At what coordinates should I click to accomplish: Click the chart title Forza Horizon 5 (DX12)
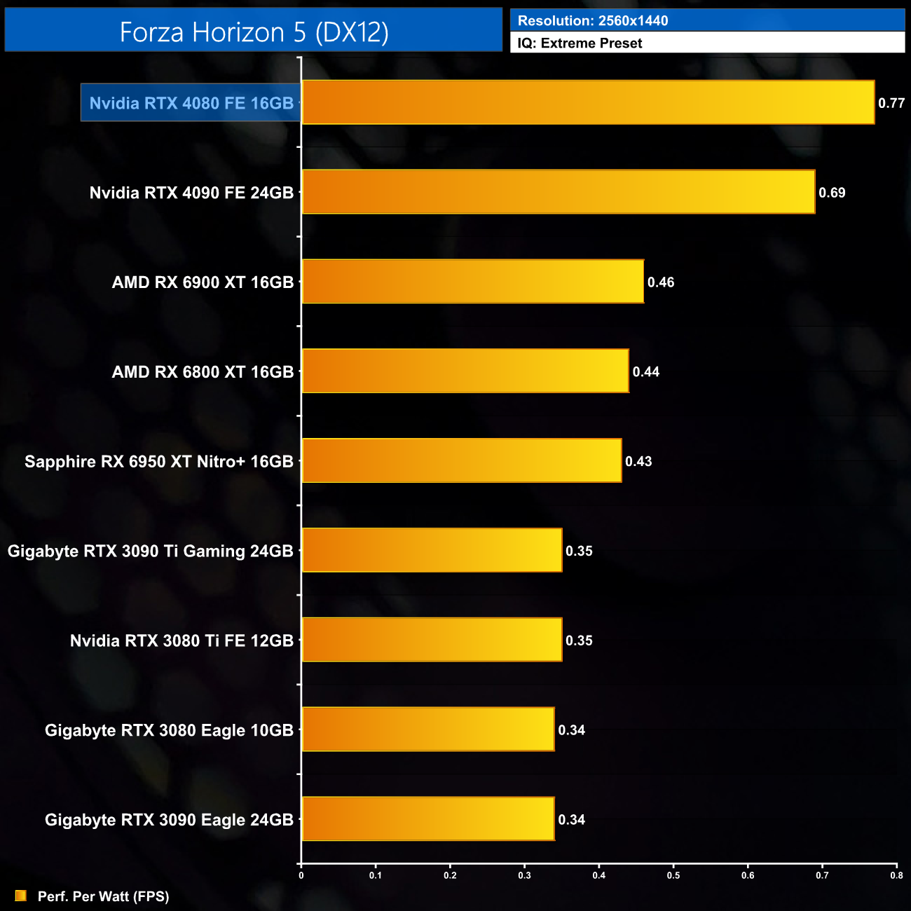pyautogui.click(x=254, y=32)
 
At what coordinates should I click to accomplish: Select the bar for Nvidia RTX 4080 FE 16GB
pyautogui.click(x=587, y=102)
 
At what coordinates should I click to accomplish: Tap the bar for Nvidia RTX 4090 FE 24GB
pyautogui.click(x=558, y=192)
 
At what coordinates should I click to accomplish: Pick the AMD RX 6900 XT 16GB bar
pyautogui.click(x=472, y=282)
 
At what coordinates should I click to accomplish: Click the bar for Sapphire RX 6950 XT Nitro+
pyautogui.click(x=461, y=461)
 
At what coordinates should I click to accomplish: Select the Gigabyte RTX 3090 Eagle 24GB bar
pyautogui.click(x=427, y=819)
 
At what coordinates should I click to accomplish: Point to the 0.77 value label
pyautogui.click(x=891, y=103)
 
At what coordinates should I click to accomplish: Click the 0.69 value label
pyautogui.click(x=832, y=193)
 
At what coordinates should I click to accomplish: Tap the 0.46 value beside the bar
pyautogui.click(x=661, y=282)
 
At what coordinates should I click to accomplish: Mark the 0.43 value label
pyautogui.click(x=638, y=462)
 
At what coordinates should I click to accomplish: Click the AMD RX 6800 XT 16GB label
pyautogui.click(x=203, y=372)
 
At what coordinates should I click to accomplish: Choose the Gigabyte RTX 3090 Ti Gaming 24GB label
pyautogui.click(x=150, y=552)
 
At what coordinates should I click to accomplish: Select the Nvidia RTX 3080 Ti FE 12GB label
pyautogui.click(x=181, y=641)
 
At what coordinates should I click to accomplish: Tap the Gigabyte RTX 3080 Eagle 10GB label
pyautogui.click(x=169, y=730)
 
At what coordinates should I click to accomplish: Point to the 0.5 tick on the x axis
pyautogui.click(x=673, y=875)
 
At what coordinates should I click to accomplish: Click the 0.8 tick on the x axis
pyautogui.click(x=896, y=875)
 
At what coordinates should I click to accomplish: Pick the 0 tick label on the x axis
pyautogui.click(x=301, y=875)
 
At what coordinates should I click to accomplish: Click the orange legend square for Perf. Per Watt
pyautogui.click(x=21, y=896)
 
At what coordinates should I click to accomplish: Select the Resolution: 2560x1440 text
pyautogui.click(x=593, y=21)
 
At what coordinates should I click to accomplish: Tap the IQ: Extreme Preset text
pyautogui.click(x=580, y=43)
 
